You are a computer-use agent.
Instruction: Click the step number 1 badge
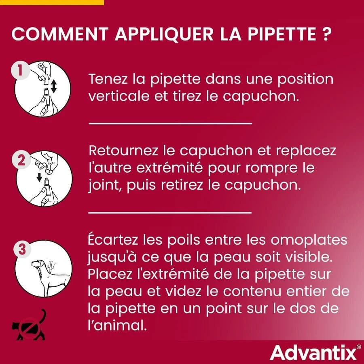point(18,71)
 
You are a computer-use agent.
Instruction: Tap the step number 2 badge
point(21,160)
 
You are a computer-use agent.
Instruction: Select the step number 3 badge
point(22,249)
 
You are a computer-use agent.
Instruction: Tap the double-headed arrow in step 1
point(53,86)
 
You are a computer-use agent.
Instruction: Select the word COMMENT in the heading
point(60,34)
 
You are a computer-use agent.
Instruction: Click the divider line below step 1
point(170,123)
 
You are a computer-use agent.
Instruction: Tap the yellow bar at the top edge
point(52,2)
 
